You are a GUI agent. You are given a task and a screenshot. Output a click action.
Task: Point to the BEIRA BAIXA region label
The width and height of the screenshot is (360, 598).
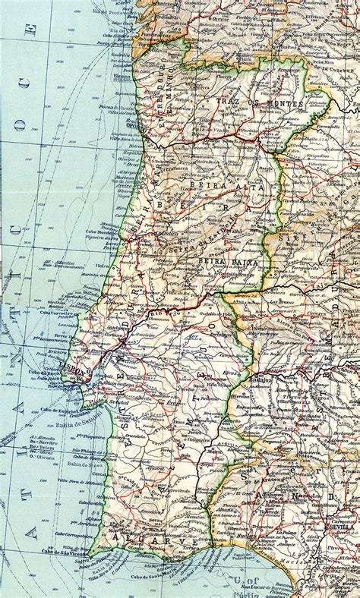pyautogui.click(x=227, y=262)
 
